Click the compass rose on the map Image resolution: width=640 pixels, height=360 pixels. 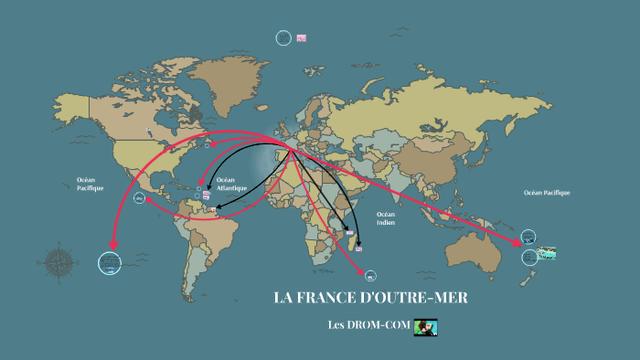tap(60, 260)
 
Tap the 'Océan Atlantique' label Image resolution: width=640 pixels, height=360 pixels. tap(226, 185)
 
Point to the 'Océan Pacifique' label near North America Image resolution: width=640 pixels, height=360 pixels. tap(90, 184)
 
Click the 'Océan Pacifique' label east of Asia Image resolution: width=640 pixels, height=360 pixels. tap(546, 193)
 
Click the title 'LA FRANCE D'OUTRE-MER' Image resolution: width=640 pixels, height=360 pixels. tap(370, 299)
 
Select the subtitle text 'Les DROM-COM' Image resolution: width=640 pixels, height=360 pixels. tap(367, 325)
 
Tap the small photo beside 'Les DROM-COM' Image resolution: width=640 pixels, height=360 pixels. tap(426, 326)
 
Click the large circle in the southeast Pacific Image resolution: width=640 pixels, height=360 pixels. tap(110, 263)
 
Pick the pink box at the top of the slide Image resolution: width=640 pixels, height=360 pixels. tap(302, 37)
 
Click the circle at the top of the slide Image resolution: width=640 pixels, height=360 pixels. tap(283, 37)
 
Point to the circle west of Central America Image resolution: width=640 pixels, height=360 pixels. tap(139, 198)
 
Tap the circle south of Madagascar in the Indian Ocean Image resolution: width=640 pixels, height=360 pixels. tap(370, 274)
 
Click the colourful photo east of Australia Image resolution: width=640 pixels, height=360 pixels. tap(548, 250)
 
